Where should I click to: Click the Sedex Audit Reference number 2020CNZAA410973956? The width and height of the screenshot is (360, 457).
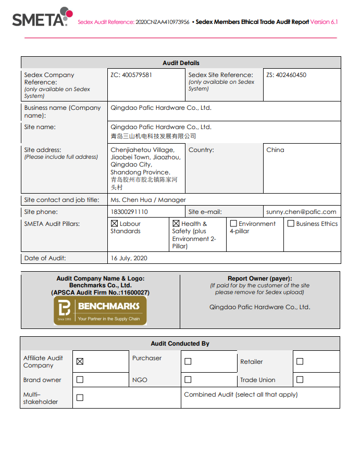tap(162, 22)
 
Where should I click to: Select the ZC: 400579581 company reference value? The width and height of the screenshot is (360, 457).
tap(131, 75)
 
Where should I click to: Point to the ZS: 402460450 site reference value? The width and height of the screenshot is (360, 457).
tap(286, 75)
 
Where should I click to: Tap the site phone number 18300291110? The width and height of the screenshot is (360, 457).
tap(129, 212)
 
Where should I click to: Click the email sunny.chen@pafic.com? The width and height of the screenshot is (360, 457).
tap(301, 212)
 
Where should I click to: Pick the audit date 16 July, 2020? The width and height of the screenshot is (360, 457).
tap(129, 258)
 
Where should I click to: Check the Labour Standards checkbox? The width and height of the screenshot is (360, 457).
tap(114, 224)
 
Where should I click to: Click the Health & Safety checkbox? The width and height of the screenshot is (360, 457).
tap(176, 224)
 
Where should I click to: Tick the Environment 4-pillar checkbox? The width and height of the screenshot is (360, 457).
tap(233, 224)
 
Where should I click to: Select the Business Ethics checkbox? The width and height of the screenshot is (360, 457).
tap(291, 224)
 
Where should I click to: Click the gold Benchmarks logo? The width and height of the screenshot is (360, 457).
tap(100, 311)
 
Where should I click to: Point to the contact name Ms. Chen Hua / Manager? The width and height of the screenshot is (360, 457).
tap(148, 200)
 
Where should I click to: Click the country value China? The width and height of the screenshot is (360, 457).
tap(275, 150)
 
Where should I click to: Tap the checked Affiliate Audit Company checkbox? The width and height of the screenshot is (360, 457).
tap(80, 362)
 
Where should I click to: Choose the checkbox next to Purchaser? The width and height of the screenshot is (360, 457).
tap(188, 361)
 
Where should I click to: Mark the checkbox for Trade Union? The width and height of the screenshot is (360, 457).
tap(300, 379)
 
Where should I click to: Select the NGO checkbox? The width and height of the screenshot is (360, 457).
tap(188, 379)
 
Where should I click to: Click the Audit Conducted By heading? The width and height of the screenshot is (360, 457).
tap(180, 344)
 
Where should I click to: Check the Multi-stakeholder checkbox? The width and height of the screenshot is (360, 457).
tap(80, 398)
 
